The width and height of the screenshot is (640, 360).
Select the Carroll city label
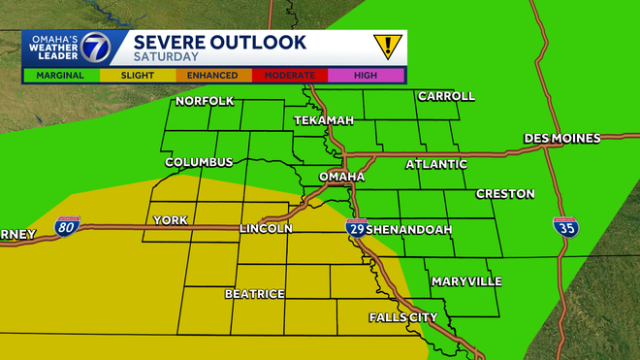coord(446,96)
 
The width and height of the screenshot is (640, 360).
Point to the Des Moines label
coord(562,139)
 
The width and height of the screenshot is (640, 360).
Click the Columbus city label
coord(199,162)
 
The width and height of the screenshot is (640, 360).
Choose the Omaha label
coord(341,177)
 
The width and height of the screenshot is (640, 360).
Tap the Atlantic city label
coord(436,164)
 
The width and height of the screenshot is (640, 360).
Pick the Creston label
coord(505,194)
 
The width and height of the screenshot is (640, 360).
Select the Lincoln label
coord(266,229)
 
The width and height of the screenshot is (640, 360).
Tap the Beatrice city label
coord(255,293)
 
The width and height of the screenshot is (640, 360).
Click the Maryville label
coord(466,281)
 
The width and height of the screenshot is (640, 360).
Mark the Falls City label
coord(403,317)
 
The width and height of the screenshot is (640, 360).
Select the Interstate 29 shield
coord(356,229)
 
